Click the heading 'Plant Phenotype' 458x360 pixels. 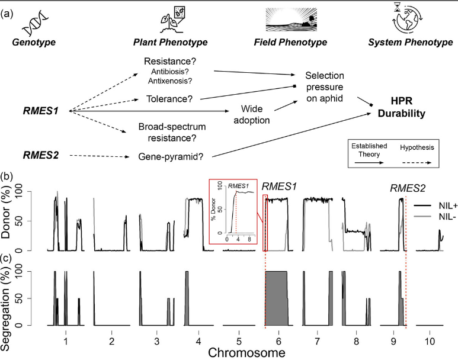click(x=169, y=43)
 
